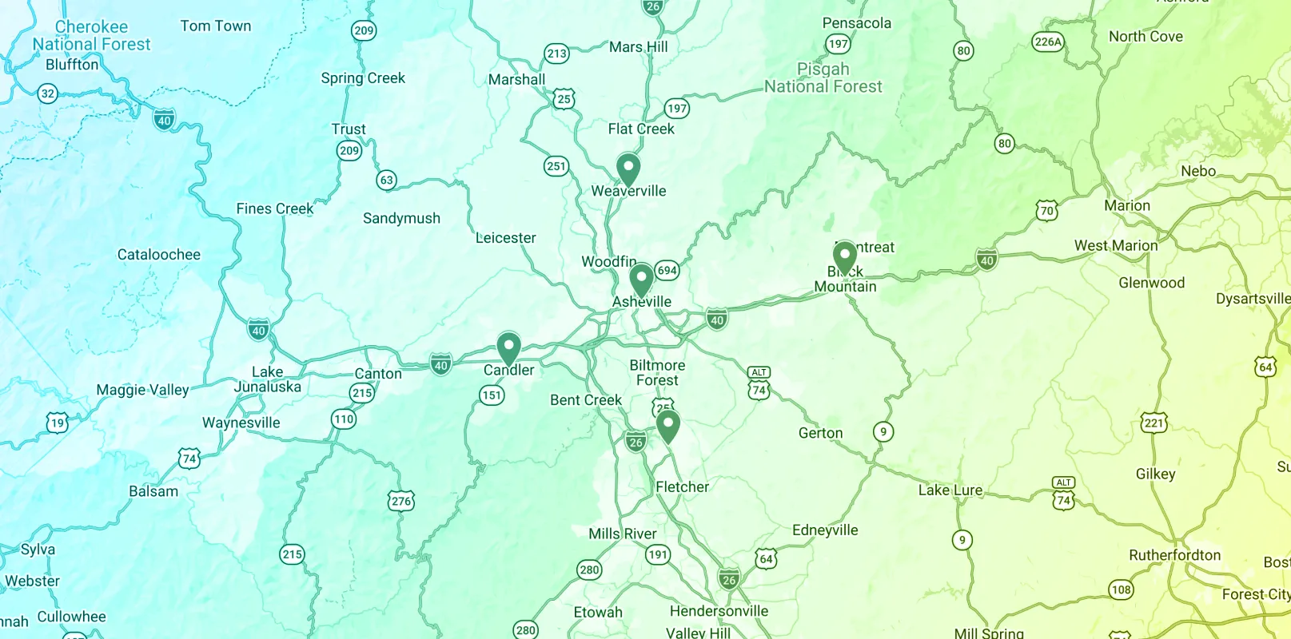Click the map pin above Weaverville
click(x=628, y=169)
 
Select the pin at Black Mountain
click(x=844, y=257)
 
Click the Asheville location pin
click(x=641, y=280)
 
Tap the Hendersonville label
click(x=719, y=611)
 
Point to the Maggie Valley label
click(x=142, y=390)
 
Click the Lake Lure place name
click(x=950, y=490)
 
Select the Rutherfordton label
click(x=1174, y=555)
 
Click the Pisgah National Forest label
click(x=823, y=78)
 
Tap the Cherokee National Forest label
click(x=91, y=36)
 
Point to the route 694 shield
click(x=667, y=270)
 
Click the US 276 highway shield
click(x=401, y=502)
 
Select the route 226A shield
click(x=1048, y=42)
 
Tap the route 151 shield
click(x=492, y=395)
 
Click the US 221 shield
click(x=1154, y=423)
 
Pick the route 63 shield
click(x=387, y=180)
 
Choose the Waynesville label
click(x=241, y=423)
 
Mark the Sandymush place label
click(x=401, y=218)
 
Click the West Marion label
click(x=1115, y=245)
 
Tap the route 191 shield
click(x=658, y=554)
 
